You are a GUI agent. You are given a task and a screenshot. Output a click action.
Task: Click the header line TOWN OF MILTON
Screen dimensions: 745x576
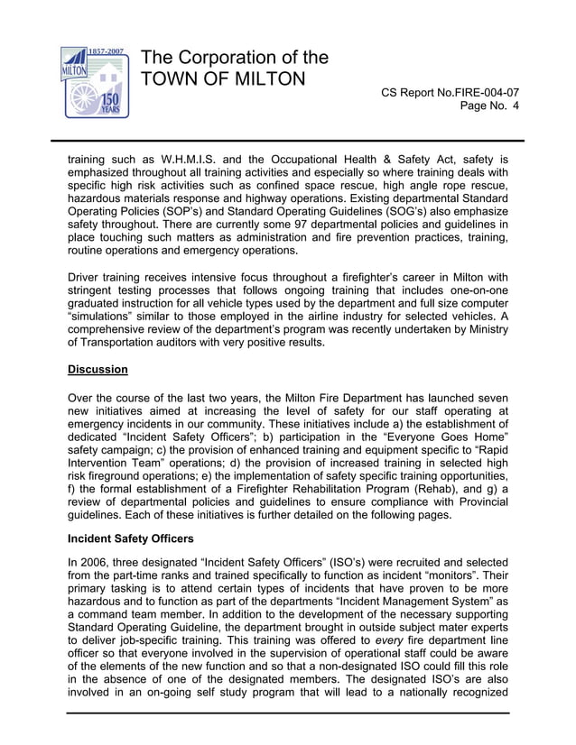pyautogui.click(x=224, y=79)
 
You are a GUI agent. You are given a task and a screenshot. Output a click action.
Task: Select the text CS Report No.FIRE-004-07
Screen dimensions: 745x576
pyautogui.click(x=450, y=92)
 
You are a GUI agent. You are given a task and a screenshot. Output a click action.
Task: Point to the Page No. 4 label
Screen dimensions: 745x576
pyautogui.click(x=489, y=106)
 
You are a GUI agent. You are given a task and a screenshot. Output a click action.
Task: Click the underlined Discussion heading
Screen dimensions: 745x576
pyautogui.click(x=98, y=370)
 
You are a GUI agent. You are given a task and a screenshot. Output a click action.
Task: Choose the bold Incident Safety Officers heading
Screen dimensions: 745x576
pyautogui.click(x=130, y=538)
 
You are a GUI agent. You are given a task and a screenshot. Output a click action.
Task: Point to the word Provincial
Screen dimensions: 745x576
pyautogui.click(x=475, y=502)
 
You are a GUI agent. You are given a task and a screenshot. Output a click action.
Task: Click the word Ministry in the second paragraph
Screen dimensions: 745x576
pyautogui.click(x=486, y=329)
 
